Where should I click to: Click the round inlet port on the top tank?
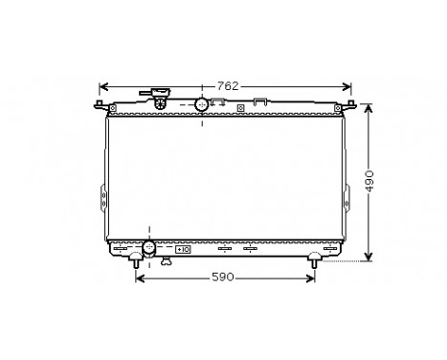[202, 103]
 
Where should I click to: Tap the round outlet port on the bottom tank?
[148, 249]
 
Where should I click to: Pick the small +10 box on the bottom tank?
[183, 249]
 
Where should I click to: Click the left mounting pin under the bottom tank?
[135, 259]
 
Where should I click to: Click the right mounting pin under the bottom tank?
[314, 259]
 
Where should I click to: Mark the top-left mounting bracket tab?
[101, 103]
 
